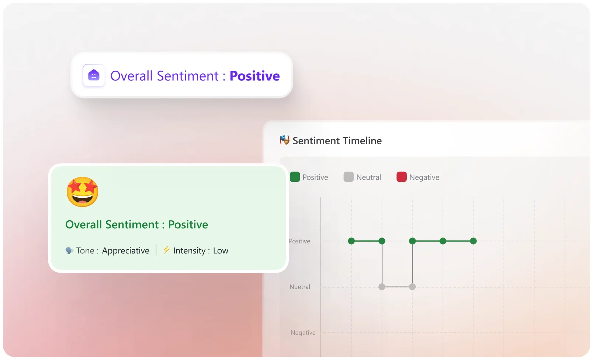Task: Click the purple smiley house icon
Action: [94, 75]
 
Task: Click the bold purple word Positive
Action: [254, 76]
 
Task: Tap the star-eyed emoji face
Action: [82, 192]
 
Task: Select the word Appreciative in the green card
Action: [125, 251]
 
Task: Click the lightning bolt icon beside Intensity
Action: [166, 250]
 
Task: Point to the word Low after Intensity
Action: [221, 251]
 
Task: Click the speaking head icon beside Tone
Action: [69, 250]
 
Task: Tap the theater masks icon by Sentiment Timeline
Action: [284, 140]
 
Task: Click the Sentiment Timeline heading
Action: [337, 141]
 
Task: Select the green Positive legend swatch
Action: [295, 177]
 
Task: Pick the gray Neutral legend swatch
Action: [348, 177]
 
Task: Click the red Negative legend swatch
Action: [401, 177]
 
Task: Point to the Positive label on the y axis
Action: [299, 241]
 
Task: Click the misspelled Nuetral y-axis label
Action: [300, 287]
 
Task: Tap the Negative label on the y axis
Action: [303, 333]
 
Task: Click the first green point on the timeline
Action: [351, 241]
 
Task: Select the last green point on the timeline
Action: [474, 241]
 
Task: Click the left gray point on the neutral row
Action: [382, 287]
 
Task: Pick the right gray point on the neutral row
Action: [412, 287]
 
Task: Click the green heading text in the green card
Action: [136, 225]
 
